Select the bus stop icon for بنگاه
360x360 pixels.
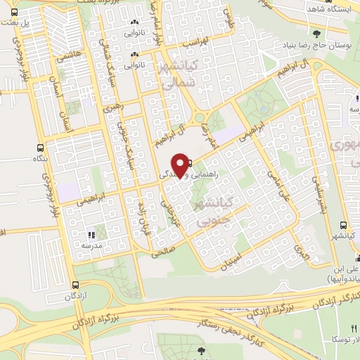tap(39, 148)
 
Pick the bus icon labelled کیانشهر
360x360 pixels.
tap(342, 226)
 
